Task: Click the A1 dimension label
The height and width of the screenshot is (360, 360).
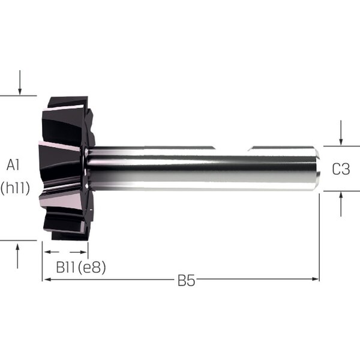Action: pos(13,165)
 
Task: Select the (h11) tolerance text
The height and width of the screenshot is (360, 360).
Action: pos(15,188)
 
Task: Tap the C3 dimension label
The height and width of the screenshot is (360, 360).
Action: pos(341,169)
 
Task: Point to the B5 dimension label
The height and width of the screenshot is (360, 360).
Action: pos(186,280)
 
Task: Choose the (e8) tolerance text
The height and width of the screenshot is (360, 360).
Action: pos(92,268)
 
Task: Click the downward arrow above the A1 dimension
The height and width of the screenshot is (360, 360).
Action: pos(20,82)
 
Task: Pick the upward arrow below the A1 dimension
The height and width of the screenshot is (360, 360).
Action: pos(17,256)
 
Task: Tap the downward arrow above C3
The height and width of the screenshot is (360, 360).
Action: pos(341,133)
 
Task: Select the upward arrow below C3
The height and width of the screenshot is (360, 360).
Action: pos(341,204)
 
